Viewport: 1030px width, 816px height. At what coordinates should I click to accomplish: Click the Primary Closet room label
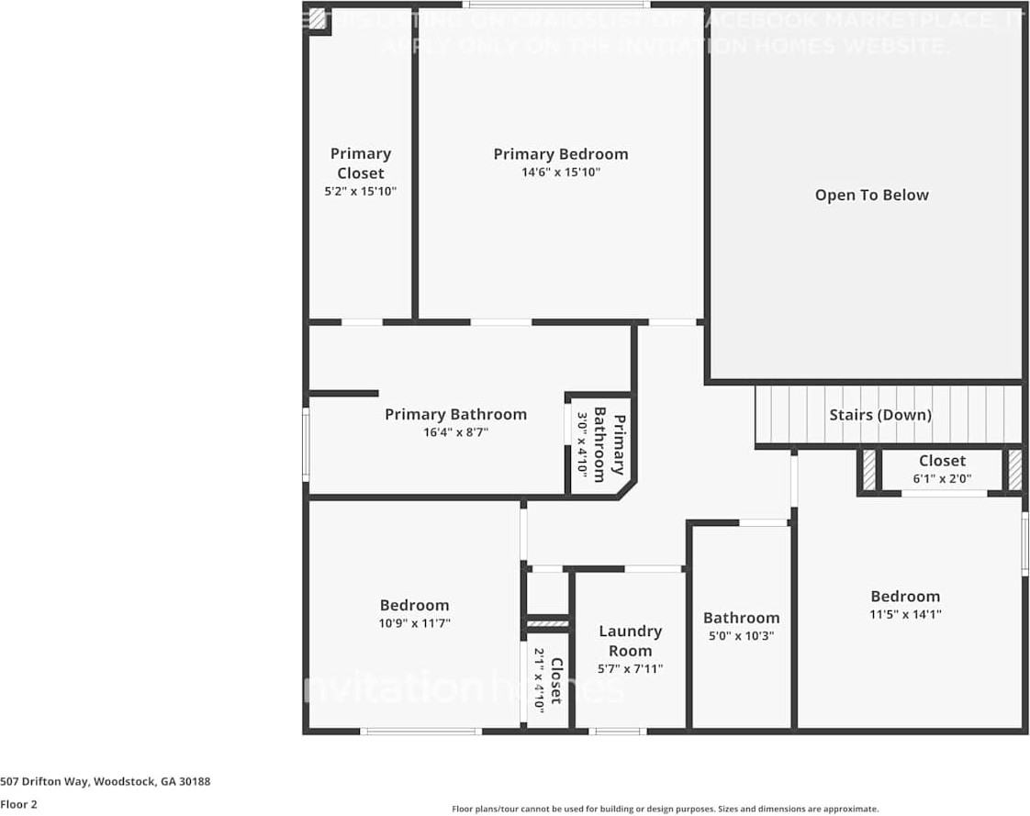pyautogui.click(x=360, y=163)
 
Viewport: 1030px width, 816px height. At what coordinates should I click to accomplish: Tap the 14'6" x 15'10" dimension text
pyautogui.click(x=560, y=173)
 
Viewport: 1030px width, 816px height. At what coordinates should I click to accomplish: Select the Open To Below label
pyautogui.click(x=871, y=195)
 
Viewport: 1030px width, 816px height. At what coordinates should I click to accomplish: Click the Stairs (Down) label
pyautogui.click(x=879, y=415)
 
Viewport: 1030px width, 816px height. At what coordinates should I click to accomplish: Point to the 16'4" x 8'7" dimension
pyautogui.click(x=455, y=432)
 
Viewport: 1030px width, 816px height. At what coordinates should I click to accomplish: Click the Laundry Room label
pyautogui.click(x=630, y=641)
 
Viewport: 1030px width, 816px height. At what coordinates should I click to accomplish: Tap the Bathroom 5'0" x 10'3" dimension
pyautogui.click(x=741, y=635)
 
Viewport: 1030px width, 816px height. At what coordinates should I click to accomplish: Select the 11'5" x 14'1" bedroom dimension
pyautogui.click(x=905, y=614)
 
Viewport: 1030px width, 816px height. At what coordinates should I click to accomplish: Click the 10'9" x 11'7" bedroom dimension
pyautogui.click(x=414, y=623)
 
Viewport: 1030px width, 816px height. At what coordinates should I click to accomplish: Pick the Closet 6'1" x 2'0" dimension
pyautogui.click(x=942, y=478)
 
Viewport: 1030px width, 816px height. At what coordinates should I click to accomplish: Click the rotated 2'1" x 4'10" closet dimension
pyautogui.click(x=540, y=677)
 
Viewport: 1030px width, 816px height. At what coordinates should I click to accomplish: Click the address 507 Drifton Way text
pyautogui.click(x=106, y=781)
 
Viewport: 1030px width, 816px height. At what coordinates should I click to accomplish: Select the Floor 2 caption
pyautogui.click(x=18, y=804)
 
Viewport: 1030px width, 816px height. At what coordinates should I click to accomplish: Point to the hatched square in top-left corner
pyautogui.click(x=317, y=18)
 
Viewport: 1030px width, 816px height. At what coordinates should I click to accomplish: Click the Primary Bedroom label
pyautogui.click(x=560, y=154)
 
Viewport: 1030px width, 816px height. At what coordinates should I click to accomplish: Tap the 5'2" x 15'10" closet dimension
pyautogui.click(x=360, y=192)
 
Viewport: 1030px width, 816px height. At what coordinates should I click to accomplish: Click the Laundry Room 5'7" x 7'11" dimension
pyautogui.click(x=630, y=669)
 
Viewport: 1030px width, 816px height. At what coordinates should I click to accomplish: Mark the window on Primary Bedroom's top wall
pyautogui.click(x=556, y=5)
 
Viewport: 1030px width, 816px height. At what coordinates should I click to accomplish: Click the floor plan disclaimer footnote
pyautogui.click(x=665, y=809)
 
